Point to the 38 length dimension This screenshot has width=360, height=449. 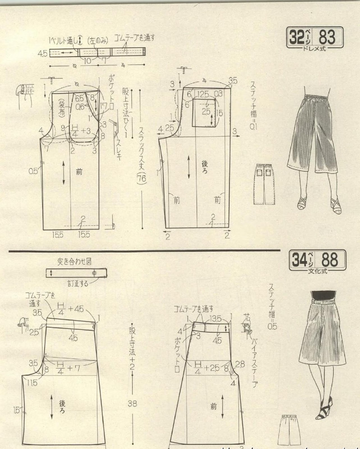(x=132, y=404)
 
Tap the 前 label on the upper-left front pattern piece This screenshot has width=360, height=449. (x=79, y=171)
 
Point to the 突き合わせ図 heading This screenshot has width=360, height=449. (x=75, y=262)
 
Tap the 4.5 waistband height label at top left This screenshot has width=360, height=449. (x=43, y=53)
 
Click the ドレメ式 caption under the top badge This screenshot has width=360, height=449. (x=315, y=49)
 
